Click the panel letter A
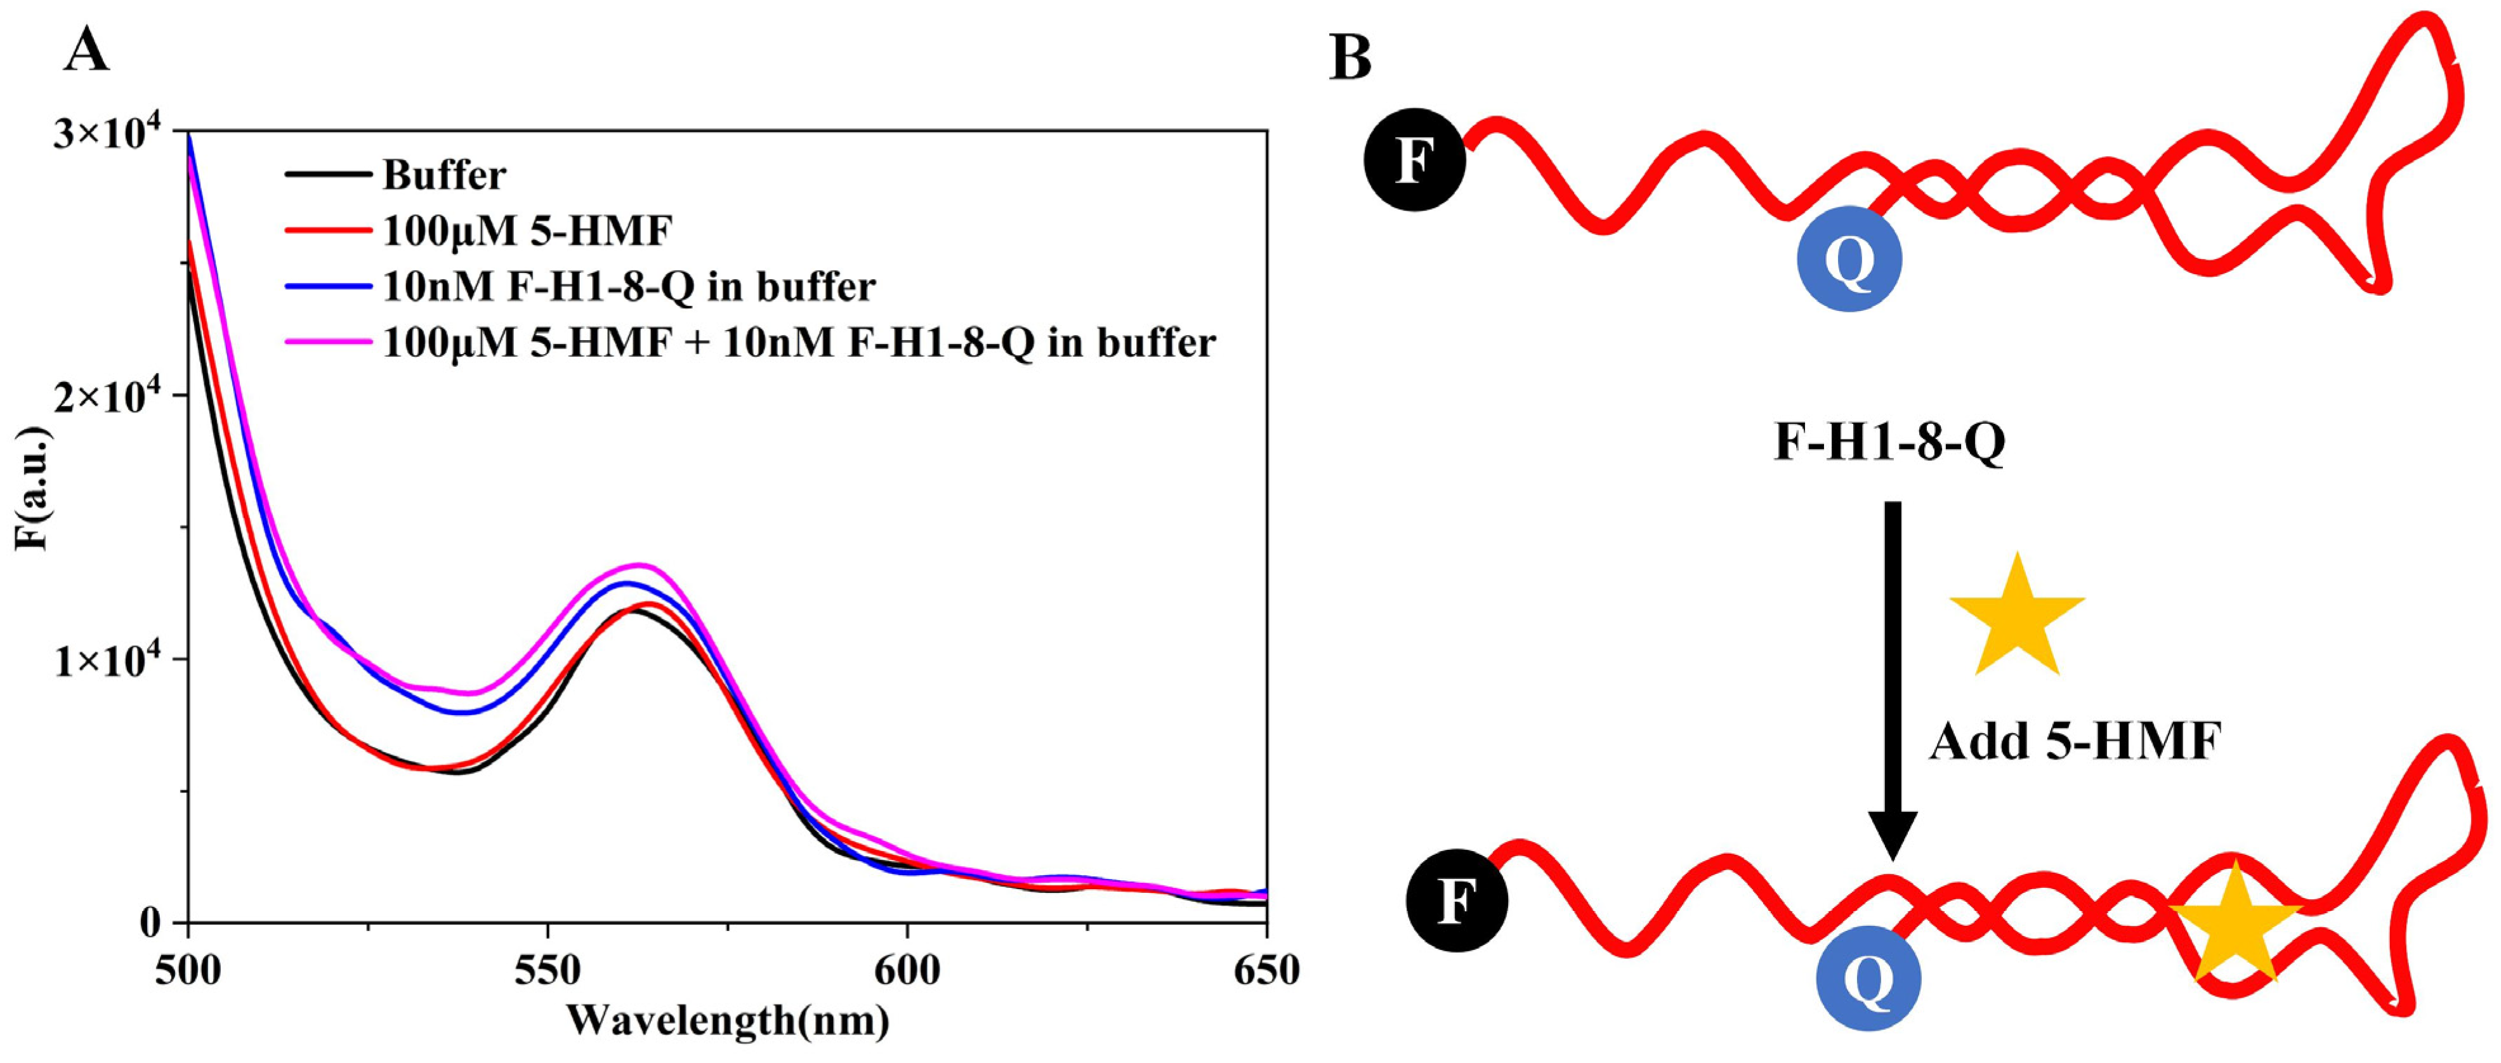[x=86, y=51]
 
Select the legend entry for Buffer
[x=443, y=176]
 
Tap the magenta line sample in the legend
[x=328, y=341]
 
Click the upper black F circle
[x=1415, y=159]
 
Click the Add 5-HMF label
[x=2075, y=742]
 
